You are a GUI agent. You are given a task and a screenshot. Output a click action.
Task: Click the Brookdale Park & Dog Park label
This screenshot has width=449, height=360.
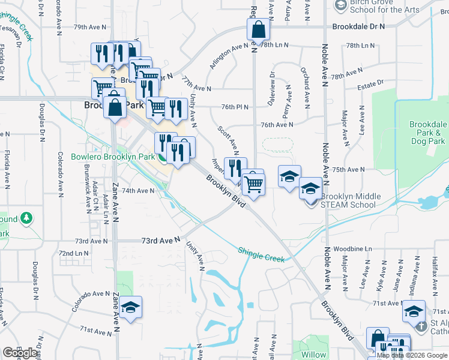click(427, 133)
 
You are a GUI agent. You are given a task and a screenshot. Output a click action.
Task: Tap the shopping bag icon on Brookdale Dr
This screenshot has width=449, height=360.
click(258, 30)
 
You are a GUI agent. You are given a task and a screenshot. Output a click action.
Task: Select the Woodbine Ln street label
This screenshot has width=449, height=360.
click(353, 248)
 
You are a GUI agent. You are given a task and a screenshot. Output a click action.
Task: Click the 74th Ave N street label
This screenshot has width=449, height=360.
click(139, 191)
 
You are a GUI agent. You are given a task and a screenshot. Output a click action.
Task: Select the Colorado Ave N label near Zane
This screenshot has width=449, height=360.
click(90, 300)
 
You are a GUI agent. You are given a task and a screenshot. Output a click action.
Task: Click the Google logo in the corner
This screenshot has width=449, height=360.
click(20, 353)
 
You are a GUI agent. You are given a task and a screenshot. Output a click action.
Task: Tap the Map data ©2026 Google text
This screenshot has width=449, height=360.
click(412, 355)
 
